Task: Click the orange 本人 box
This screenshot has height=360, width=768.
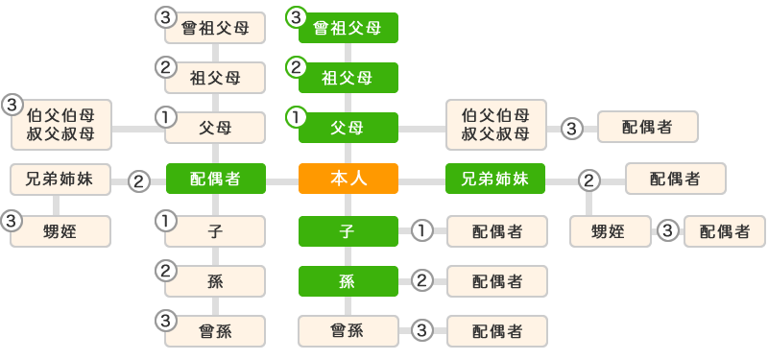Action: coord(348,179)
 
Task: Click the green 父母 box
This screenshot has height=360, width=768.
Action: coord(348,128)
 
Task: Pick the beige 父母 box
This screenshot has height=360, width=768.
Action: coord(215,128)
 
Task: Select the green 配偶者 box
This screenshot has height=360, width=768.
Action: coord(215,179)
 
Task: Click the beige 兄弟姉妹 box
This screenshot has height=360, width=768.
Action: coord(60,179)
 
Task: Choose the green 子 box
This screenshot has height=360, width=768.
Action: coord(348,231)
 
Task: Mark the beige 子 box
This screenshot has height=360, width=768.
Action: coord(215,231)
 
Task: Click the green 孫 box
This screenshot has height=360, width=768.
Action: coord(348,281)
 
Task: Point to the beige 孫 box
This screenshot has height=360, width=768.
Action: coord(215,281)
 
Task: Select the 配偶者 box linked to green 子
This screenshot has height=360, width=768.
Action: coord(496,231)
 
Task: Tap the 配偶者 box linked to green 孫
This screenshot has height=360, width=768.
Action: coord(496,281)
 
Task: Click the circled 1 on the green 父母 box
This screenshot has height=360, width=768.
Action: coord(297,117)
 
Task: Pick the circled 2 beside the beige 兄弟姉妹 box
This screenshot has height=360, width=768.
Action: coord(139,180)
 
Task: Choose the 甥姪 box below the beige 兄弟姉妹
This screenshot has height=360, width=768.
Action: coord(60,231)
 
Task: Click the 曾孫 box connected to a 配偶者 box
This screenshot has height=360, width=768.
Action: coord(348,331)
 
